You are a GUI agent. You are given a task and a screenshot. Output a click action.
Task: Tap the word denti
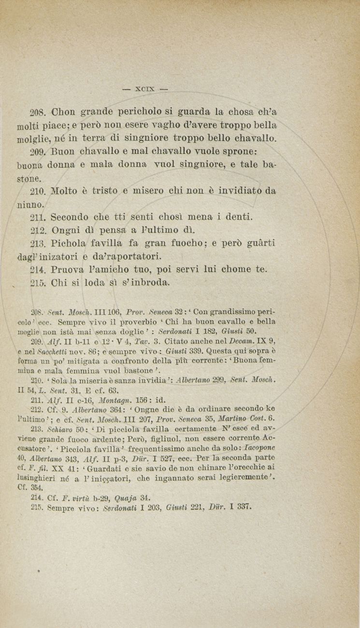[234, 217]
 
